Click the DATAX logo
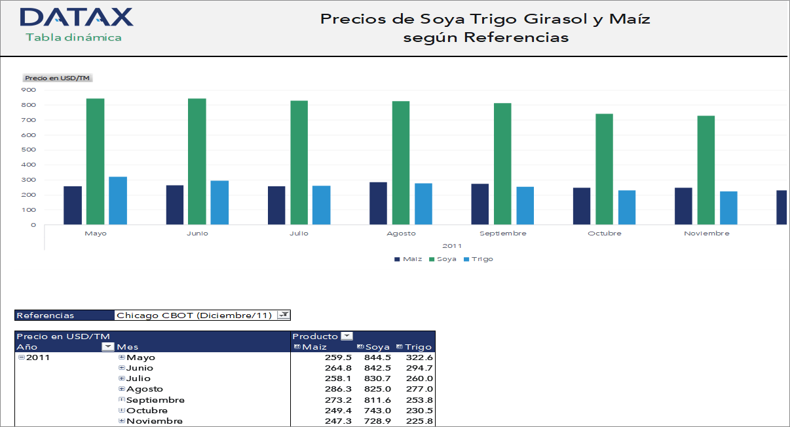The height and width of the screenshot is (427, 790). [x=76, y=18]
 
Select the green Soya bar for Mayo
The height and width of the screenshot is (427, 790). [x=95, y=161]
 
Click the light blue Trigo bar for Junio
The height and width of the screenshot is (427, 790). [x=219, y=203]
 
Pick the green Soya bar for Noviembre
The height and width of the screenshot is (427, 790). [x=705, y=170]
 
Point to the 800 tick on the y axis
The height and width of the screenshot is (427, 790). [x=29, y=105]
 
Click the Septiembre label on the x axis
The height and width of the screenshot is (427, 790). [x=502, y=234]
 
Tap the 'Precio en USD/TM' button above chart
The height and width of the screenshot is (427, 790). [x=57, y=78]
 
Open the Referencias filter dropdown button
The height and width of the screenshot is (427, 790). [x=283, y=315]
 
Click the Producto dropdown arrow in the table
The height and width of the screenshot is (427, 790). [x=347, y=336]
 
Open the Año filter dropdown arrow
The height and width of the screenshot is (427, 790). [x=108, y=347]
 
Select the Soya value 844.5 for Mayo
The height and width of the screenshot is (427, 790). [x=377, y=357]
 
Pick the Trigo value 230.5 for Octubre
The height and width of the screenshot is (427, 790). [x=419, y=410]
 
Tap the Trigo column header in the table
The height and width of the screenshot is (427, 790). [x=418, y=347]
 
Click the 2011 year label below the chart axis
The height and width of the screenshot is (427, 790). [x=452, y=246]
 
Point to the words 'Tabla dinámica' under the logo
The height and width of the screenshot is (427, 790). [x=73, y=37]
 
